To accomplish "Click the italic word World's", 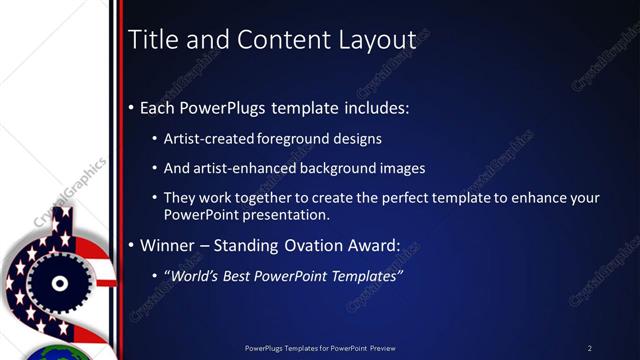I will pyautogui.click(x=199, y=275).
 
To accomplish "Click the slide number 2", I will pyautogui.click(x=590, y=348).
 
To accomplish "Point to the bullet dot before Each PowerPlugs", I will pyautogui.click(x=132, y=108).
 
